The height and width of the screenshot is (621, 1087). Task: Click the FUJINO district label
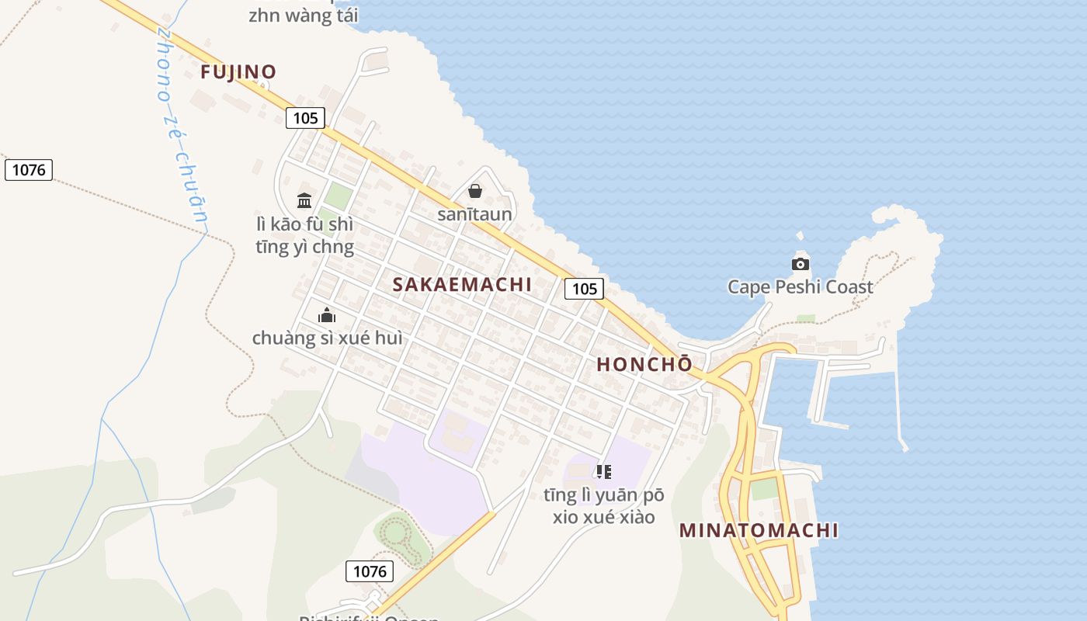(238, 72)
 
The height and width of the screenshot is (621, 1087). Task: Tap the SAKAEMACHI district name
(462, 284)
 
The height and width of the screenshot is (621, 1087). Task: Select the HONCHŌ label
(644, 364)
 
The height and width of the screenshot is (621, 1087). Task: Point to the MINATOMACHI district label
(759, 530)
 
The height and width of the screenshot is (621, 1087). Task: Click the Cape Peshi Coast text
(800, 287)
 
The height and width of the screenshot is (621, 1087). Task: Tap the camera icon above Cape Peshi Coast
(800, 264)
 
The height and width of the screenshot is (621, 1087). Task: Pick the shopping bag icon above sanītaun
(475, 191)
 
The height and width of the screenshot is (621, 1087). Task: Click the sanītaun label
(474, 214)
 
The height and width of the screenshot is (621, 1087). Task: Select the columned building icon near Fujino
(304, 200)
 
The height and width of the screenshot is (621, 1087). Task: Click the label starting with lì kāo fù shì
(304, 236)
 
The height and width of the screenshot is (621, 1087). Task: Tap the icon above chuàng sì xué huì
(327, 315)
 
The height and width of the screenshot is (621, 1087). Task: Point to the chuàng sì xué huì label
(327, 338)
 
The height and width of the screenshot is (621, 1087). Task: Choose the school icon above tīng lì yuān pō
(604, 471)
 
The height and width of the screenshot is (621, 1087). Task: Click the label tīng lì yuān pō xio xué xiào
(604, 505)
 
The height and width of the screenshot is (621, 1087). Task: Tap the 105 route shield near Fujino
(305, 118)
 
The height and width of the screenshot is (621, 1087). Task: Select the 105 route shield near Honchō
(584, 289)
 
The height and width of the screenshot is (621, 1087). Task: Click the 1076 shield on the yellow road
(370, 572)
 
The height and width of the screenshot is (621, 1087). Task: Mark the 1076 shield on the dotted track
(29, 169)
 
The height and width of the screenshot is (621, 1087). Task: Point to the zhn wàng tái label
(302, 16)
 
